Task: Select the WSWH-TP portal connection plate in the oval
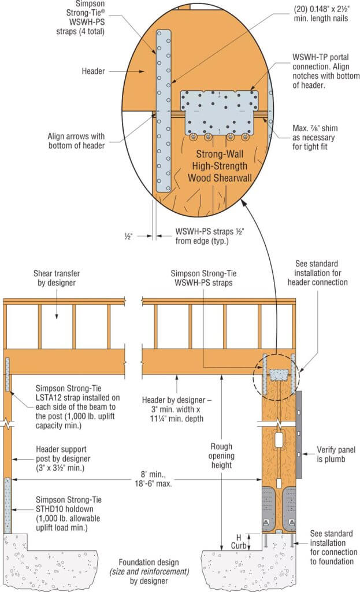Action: click(x=219, y=112)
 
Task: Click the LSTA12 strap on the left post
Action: click(x=8, y=374)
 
